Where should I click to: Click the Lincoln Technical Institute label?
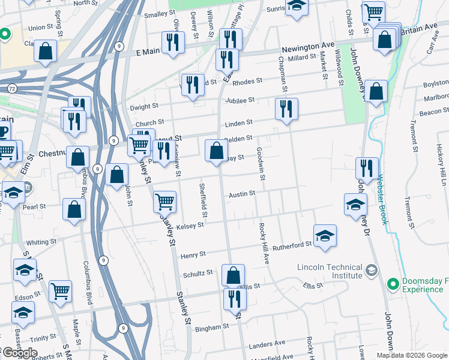[x=330, y=271]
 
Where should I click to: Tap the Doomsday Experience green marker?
[x=393, y=283]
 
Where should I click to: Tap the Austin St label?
[x=242, y=194]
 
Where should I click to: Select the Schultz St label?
[x=197, y=273]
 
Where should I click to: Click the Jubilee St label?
[x=240, y=100]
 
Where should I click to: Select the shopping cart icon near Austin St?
[x=164, y=202]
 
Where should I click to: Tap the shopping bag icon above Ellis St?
[x=234, y=275]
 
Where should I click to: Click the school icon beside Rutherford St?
[x=325, y=235]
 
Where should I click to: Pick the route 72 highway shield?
[x=12, y=88]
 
